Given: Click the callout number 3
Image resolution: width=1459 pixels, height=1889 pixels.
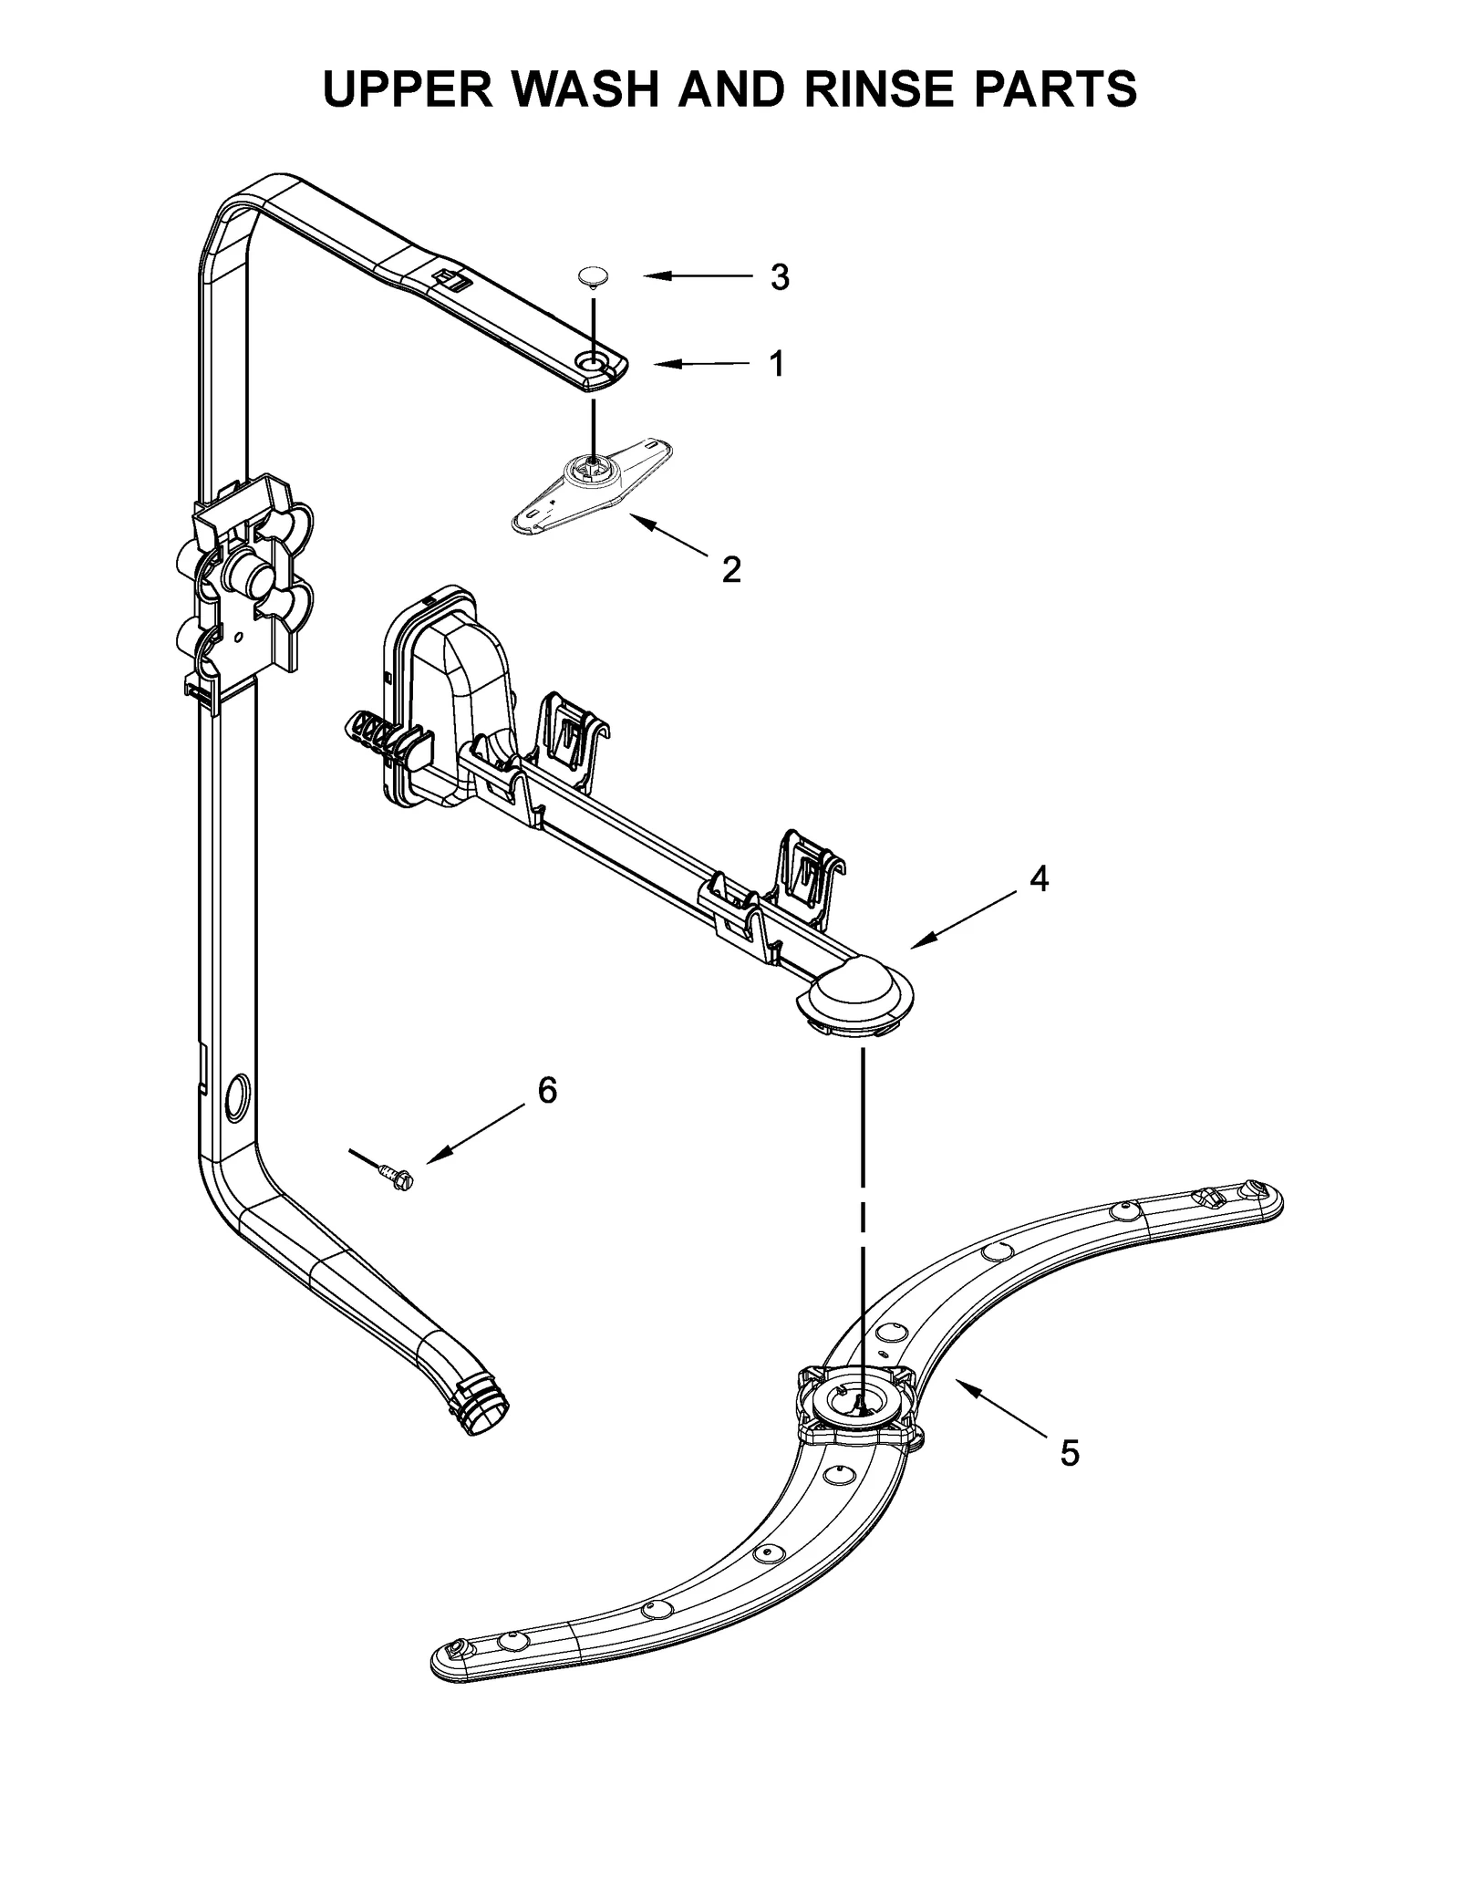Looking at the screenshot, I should click(x=779, y=277).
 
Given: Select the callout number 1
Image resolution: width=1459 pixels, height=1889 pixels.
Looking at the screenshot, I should click(x=776, y=364).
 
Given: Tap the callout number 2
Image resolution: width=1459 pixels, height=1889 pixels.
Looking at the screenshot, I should click(x=730, y=570).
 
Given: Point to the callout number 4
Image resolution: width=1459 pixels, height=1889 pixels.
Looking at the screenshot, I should click(x=1039, y=878).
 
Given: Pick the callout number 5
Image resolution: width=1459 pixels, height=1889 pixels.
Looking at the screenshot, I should click(x=1069, y=1453).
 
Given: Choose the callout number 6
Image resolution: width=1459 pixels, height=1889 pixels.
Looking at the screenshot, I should click(x=547, y=1090).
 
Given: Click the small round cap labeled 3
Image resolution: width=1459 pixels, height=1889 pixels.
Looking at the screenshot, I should click(x=594, y=276).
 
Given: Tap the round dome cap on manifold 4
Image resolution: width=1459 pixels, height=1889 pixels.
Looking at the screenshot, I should click(x=854, y=988).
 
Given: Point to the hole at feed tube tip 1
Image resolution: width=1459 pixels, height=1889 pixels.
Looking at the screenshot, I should click(x=594, y=364).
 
